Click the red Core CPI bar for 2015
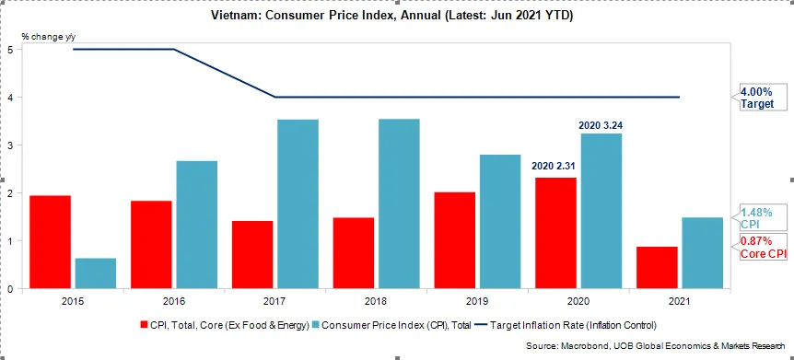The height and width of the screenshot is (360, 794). click(50, 242)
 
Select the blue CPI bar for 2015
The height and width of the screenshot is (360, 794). click(95, 273)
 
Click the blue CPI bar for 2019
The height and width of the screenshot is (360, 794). click(500, 222)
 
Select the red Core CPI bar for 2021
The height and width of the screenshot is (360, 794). click(657, 268)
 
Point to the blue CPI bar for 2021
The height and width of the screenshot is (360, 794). click(702, 253)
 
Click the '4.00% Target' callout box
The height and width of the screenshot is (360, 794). click(763, 98)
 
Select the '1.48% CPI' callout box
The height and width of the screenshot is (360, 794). click(761, 218)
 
